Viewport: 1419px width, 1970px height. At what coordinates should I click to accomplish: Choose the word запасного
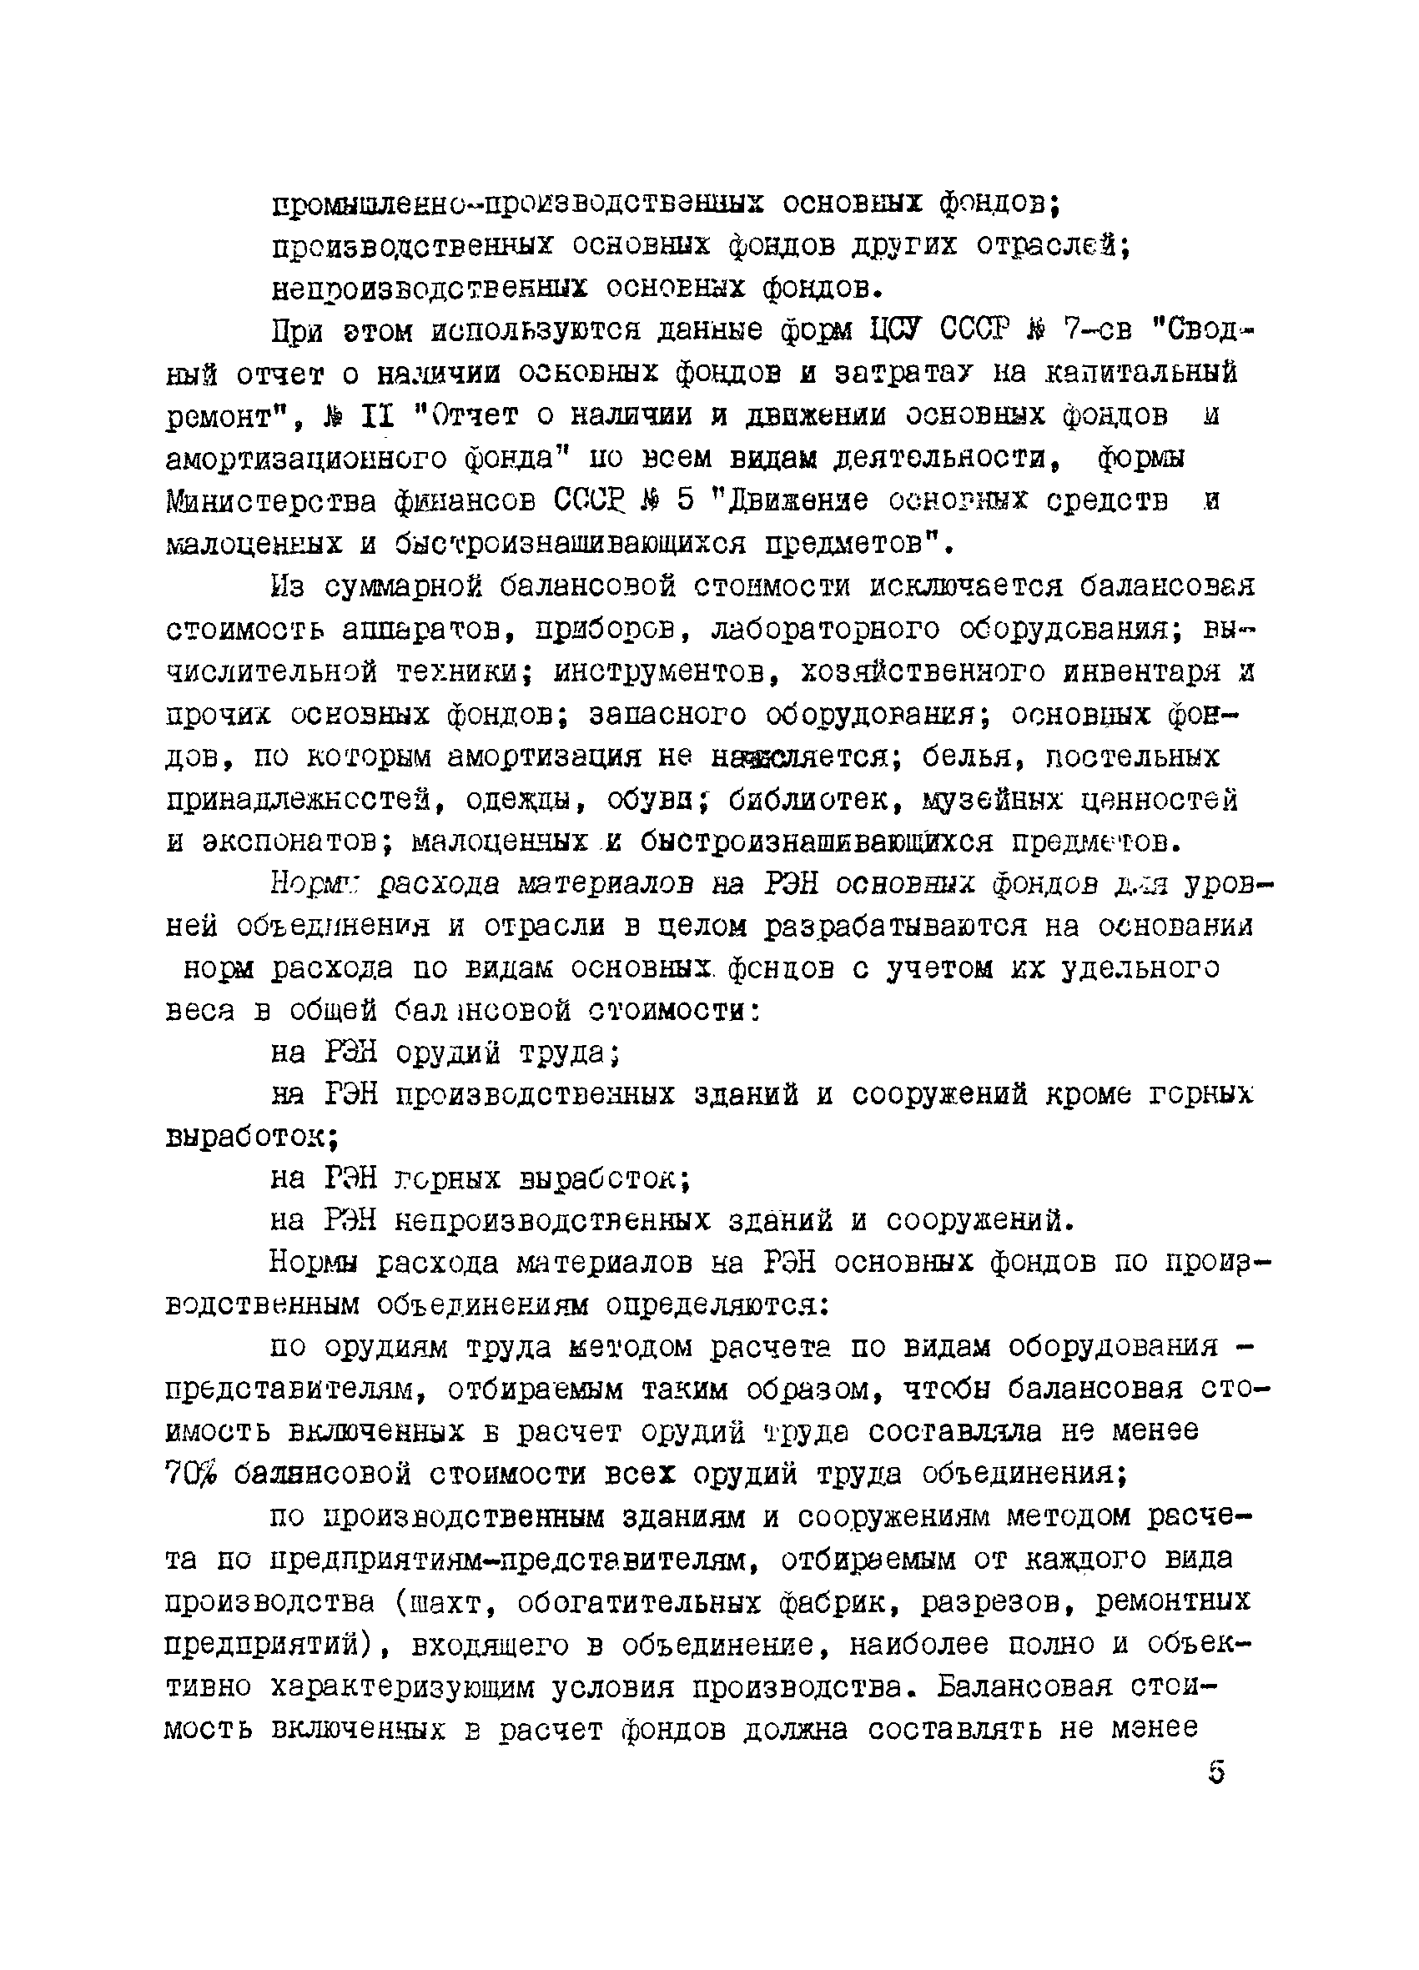tap(667, 714)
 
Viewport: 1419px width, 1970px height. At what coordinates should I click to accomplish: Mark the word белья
tap(969, 756)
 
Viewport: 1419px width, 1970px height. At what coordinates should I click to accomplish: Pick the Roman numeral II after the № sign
tap(375, 416)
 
